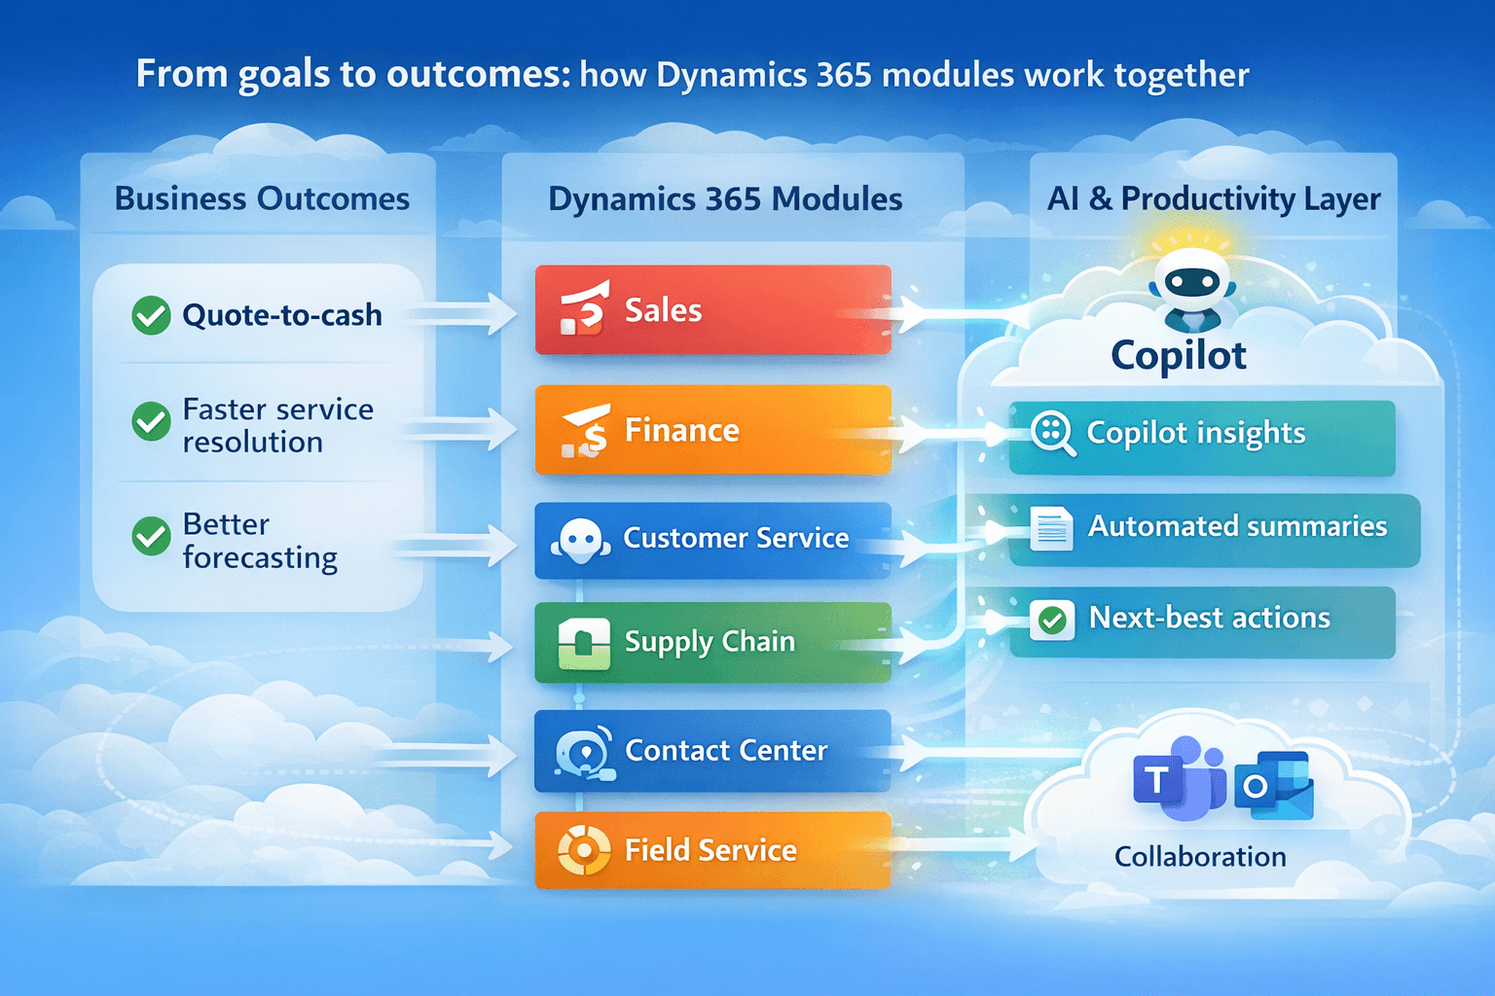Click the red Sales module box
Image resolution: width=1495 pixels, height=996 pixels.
click(x=712, y=310)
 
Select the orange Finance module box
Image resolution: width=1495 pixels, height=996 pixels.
click(x=712, y=430)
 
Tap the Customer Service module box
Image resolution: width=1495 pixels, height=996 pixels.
click(x=712, y=540)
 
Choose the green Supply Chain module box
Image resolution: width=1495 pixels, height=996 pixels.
click(x=712, y=642)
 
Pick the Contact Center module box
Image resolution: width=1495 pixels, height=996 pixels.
click(x=712, y=751)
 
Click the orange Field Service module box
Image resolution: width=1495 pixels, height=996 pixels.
click(x=712, y=850)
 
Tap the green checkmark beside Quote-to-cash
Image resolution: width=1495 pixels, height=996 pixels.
click(x=151, y=315)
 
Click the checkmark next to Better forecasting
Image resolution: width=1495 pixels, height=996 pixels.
click(x=151, y=536)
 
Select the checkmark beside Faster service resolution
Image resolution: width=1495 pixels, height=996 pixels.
click(x=151, y=421)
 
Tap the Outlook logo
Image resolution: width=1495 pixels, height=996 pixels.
click(x=1274, y=785)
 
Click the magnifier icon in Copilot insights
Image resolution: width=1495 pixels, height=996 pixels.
click(x=1052, y=433)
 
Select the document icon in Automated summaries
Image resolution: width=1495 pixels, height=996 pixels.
click(x=1051, y=529)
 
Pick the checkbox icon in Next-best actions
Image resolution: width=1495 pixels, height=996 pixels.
click(x=1052, y=620)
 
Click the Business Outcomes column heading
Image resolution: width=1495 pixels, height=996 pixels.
click(x=262, y=198)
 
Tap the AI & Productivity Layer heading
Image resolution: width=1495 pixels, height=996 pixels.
click(x=1214, y=198)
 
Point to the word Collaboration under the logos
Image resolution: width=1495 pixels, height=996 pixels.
click(x=1200, y=857)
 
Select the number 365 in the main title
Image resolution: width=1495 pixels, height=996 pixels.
click(x=843, y=75)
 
